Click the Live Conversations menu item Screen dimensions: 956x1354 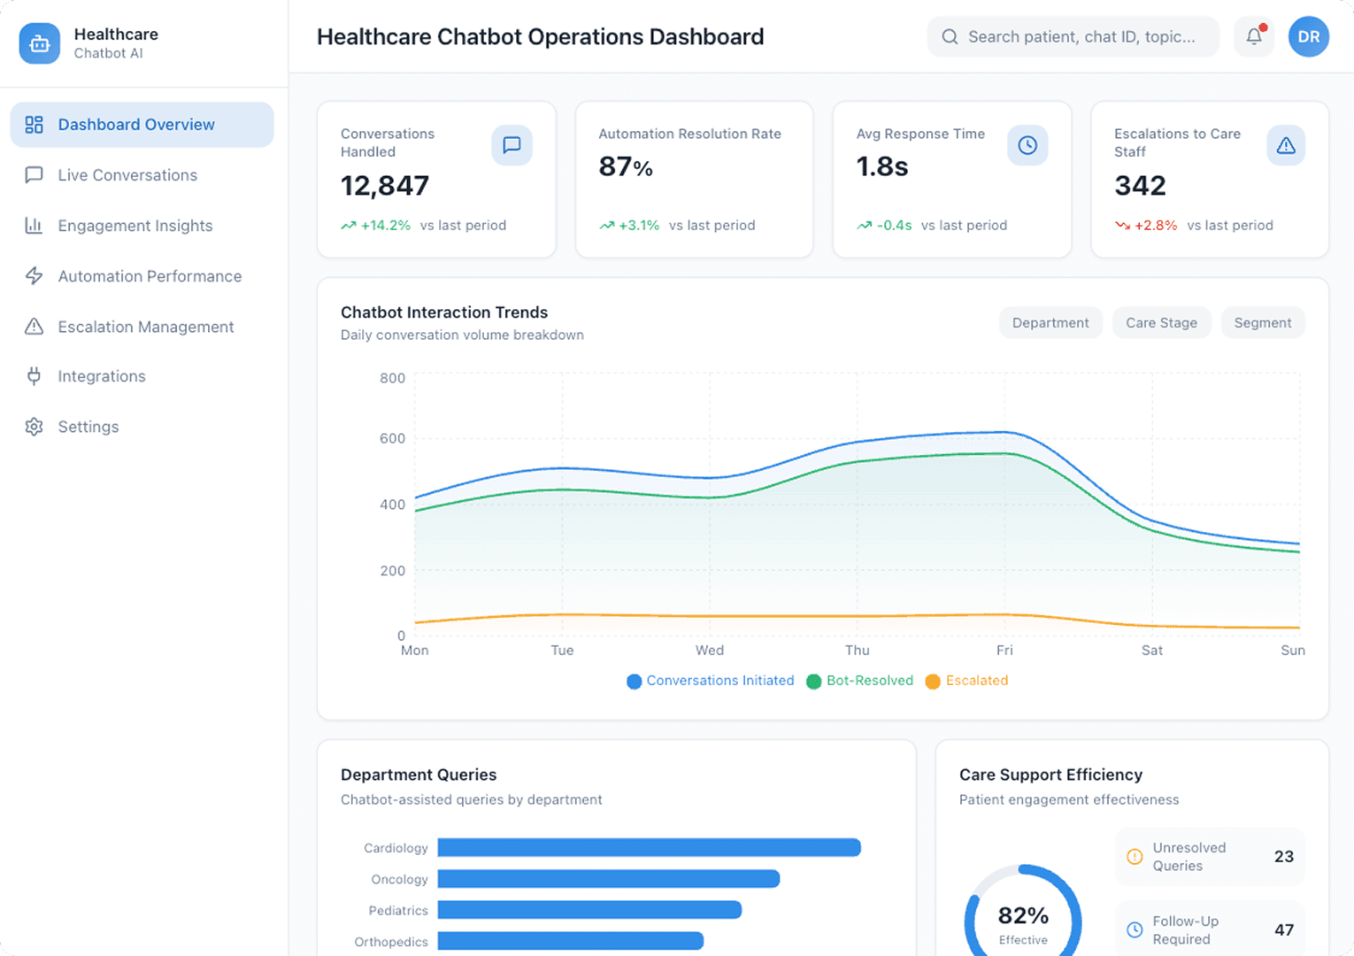[x=127, y=175]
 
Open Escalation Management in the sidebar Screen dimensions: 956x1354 [x=145, y=327]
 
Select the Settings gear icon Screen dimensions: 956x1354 [x=35, y=427]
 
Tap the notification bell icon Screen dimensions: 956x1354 [x=1253, y=37]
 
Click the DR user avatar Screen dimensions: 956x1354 [x=1308, y=37]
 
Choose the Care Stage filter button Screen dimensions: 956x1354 [x=1161, y=323]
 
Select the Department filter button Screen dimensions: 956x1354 [x=1050, y=323]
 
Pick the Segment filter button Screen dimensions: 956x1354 [x=1262, y=323]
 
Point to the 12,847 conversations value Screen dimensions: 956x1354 [x=385, y=186]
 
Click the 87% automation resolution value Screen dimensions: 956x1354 [x=626, y=166]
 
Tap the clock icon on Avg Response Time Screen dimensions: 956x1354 [x=1027, y=145]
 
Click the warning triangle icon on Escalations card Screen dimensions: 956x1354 [x=1285, y=145]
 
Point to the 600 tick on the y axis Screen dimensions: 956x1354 [x=392, y=438]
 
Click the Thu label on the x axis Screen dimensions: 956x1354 [x=857, y=651]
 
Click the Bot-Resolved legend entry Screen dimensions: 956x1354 [x=860, y=681]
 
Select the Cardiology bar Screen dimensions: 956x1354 [x=649, y=848]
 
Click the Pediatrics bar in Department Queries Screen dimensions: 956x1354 [x=589, y=910]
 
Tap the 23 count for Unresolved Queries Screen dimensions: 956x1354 [x=1283, y=857]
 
